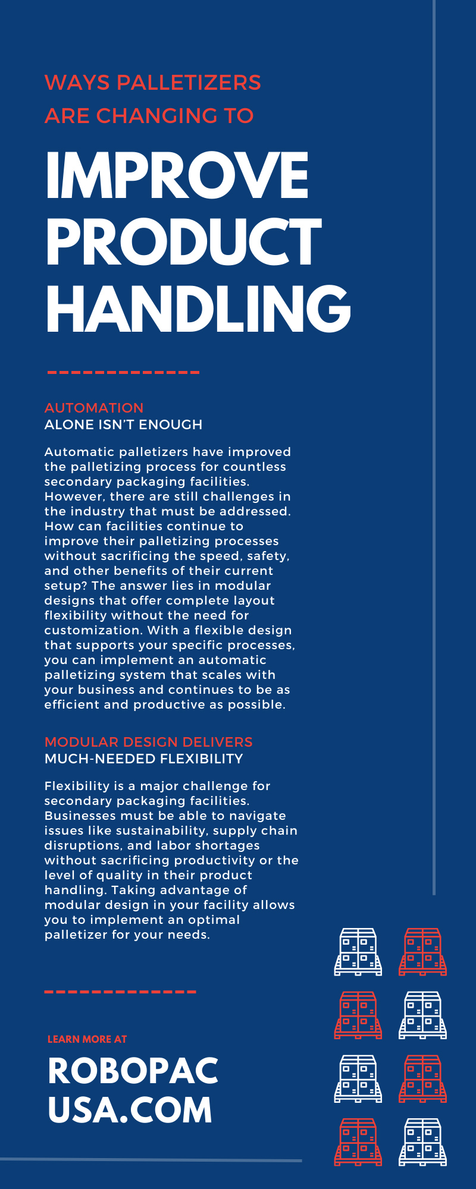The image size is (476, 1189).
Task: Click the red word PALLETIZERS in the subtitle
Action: pos(188,83)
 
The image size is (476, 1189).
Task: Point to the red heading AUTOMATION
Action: pos(94,408)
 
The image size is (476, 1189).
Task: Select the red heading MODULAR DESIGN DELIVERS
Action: pos(149,742)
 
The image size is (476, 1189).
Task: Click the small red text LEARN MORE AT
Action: pos(87,1039)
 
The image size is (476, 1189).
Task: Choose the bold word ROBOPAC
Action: pos(133,1071)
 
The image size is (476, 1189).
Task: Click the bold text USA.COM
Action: pos(130,1110)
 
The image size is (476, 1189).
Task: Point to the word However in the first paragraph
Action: pos(74,496)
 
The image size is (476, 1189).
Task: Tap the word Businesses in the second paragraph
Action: pos(76,816)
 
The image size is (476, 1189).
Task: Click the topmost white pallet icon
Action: pos(358,952)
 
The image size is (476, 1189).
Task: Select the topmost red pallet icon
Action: pos(422,952)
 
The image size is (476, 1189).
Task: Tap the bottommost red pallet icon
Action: pos(358,1142)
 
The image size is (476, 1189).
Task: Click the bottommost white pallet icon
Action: pos(422,1142)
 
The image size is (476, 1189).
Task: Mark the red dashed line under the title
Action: pos(123,373)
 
